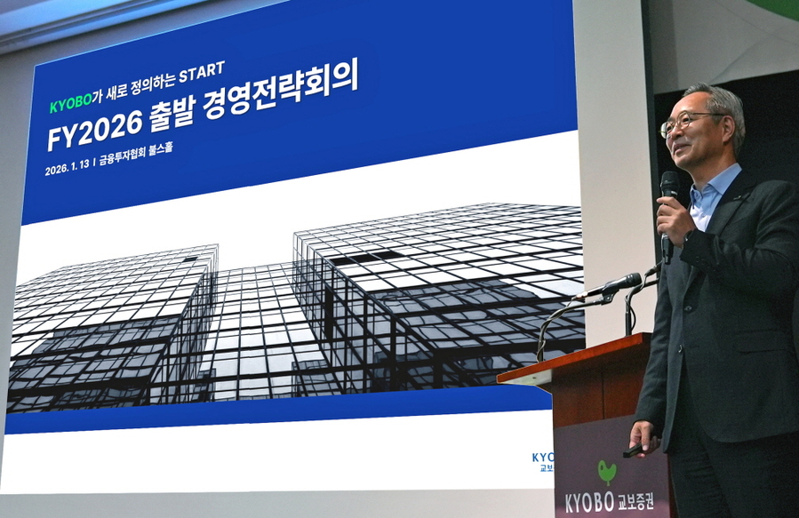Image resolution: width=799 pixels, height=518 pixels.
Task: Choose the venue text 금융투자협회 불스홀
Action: [x=136, y=154]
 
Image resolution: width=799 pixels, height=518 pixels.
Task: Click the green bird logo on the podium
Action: [x=607, y=470]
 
